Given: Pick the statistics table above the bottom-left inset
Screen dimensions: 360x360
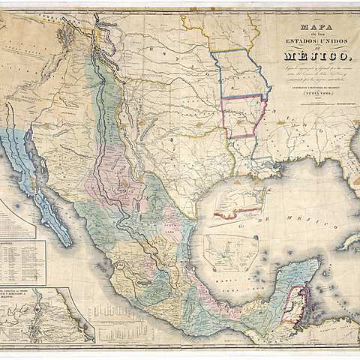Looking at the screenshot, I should point(22,262).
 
